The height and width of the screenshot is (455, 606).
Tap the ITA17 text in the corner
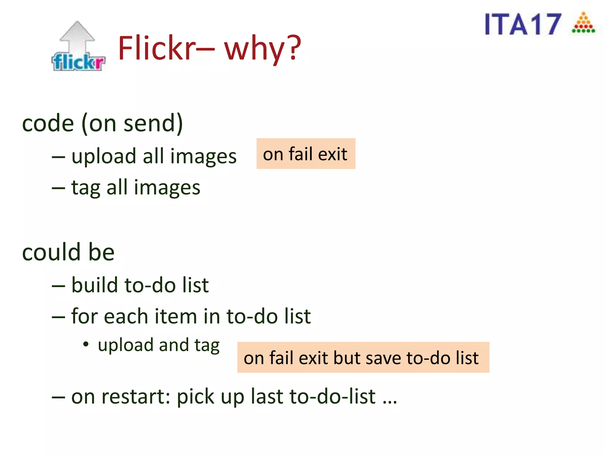523,25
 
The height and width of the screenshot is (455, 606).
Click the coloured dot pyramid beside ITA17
583,23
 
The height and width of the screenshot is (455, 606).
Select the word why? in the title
262,48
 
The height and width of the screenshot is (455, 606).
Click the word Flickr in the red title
157,48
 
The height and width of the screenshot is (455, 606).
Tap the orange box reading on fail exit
306,154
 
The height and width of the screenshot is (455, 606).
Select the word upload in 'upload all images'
104,156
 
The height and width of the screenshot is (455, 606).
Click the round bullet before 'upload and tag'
86,344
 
